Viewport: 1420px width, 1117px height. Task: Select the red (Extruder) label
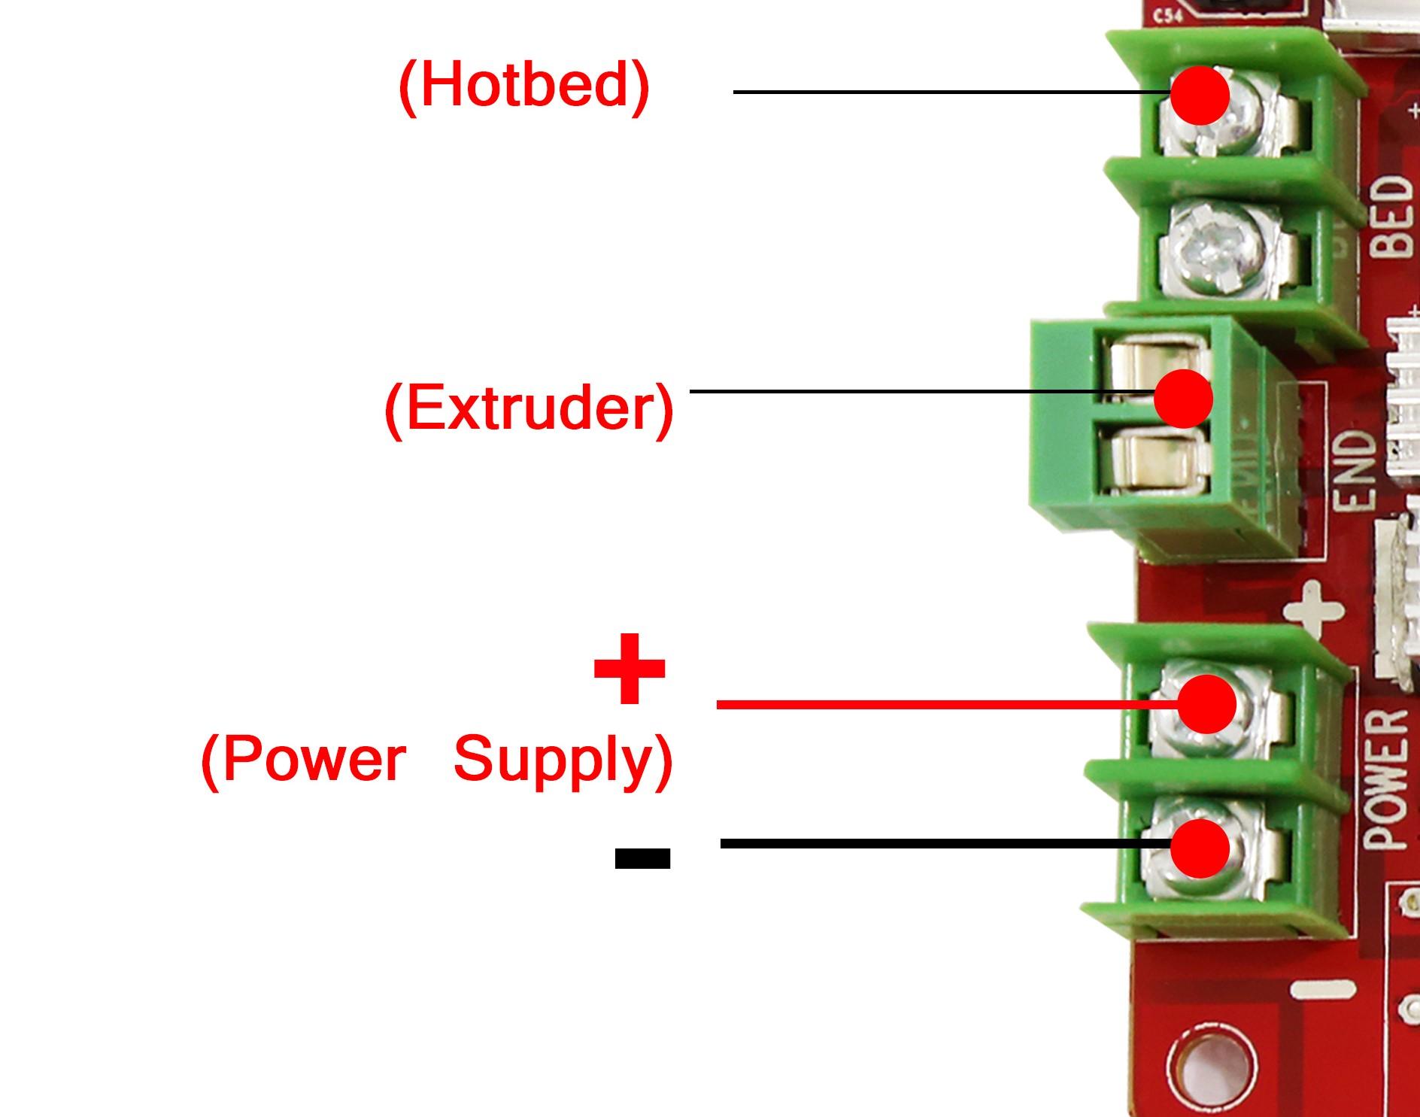point(529,408)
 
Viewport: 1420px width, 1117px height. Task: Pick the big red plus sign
point(630,668)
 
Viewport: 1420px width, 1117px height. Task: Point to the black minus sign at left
point(642,857)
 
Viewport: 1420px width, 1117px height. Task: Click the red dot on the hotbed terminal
point(1200,96)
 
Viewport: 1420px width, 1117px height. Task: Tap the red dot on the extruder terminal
point(1183,398)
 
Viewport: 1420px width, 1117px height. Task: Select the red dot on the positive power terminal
point(1206,703)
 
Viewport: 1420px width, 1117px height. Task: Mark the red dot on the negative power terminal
point(1200,848)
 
